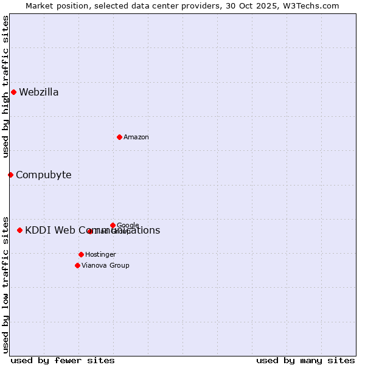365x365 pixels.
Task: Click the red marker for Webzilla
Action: pos(13,92)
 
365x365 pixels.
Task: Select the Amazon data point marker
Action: pos(119,137)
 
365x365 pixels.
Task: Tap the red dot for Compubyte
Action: pos(10,175)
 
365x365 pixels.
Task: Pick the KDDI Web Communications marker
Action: pos(19,230)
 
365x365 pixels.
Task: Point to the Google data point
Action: pos(113,225)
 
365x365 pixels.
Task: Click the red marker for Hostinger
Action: pos(81,254)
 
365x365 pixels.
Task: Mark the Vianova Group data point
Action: pos(77,265)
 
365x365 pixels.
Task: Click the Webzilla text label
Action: pos(39,92)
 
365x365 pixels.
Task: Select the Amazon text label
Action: pos(136,137)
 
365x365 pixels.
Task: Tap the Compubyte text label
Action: pos(43,175)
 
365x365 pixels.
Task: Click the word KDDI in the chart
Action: pos(38,230)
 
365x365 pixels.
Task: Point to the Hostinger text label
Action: pos(100,254)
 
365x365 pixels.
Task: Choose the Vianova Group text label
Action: pos(105,265)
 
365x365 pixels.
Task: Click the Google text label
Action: pos(128,226)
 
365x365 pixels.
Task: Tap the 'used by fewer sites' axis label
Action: pos(63,360)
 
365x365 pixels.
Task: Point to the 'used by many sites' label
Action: pos(305,360)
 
